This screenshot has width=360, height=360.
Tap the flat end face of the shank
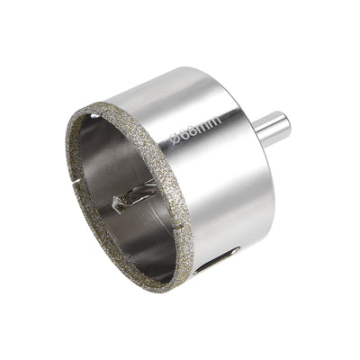tap(285, 123)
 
